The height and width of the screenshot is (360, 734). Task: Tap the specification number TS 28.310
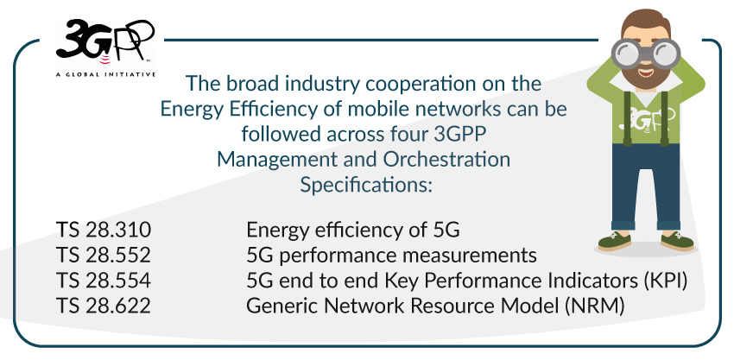point(104,231)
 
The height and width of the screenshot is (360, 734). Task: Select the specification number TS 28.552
point(104,256)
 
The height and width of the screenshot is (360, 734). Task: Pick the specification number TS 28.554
point(104,281)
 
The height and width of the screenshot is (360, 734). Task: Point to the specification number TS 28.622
point(104,306)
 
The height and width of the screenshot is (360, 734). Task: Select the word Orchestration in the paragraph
point(446,160)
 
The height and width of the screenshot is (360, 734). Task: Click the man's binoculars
point(646,53)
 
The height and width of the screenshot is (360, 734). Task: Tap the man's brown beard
point(646,74)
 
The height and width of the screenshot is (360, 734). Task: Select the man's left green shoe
point(614,241)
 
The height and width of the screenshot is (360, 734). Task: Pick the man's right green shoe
point(677,241)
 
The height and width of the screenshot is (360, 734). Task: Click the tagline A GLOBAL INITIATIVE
point(105,74)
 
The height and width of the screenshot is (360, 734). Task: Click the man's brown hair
point(646,20)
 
